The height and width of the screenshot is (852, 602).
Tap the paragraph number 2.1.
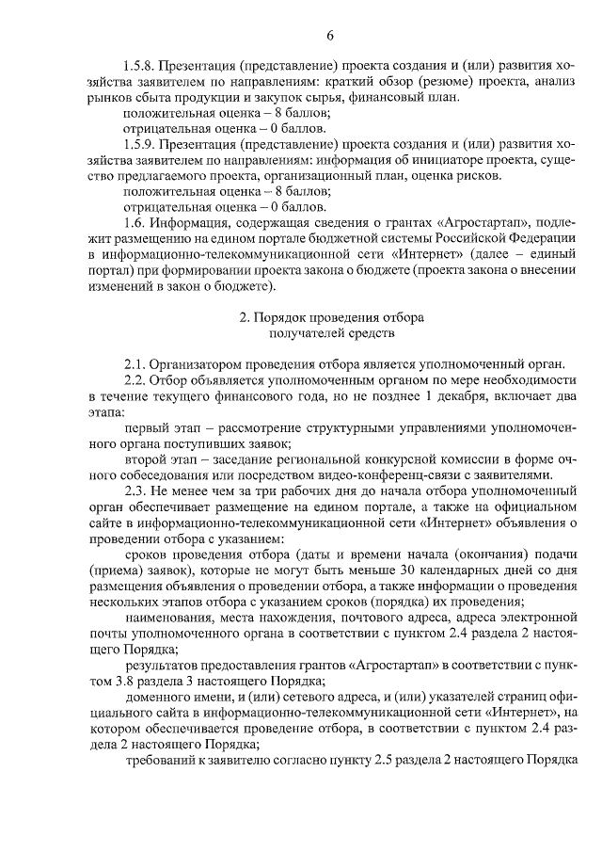click(134, 363)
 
